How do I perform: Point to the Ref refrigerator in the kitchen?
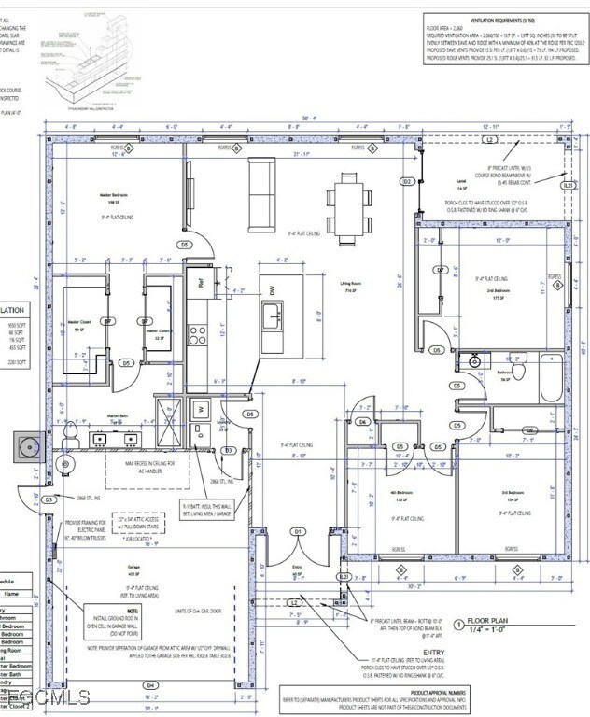pyautogui.click(x=200, y=279)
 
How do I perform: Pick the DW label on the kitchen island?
pyautogui.click(x=274, y=290)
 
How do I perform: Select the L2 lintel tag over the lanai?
pyautogui.click(x=488, y=139)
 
